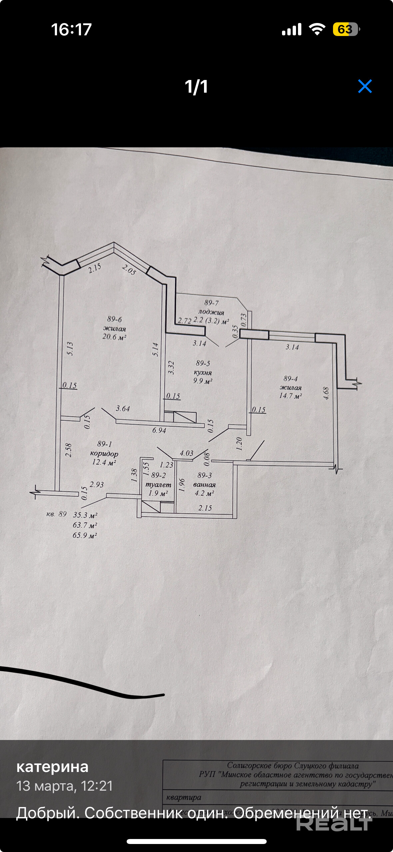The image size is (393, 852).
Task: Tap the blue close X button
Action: (365, 86)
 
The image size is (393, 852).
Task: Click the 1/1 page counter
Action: (196, 87)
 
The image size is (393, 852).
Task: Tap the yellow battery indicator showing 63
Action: (346, 29)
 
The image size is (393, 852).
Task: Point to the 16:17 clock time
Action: (71, 29)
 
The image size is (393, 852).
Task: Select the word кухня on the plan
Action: (203, 372)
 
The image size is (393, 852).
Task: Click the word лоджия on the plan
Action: (211, 312)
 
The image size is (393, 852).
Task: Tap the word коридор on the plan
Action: (104, 453)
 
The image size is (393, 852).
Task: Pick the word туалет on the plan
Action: (158, 485)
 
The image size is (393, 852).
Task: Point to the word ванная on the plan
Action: (204, 485)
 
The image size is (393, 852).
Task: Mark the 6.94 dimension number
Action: (159, 430)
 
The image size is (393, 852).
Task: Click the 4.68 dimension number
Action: (326, 393)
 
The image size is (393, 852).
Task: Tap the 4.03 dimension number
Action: (186, 453)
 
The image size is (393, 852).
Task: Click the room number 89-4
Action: (290, 379)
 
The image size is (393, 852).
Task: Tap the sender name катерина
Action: (52, 767)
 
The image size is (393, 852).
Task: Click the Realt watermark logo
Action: (334, 823)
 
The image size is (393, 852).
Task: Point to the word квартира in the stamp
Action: (184, 797)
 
